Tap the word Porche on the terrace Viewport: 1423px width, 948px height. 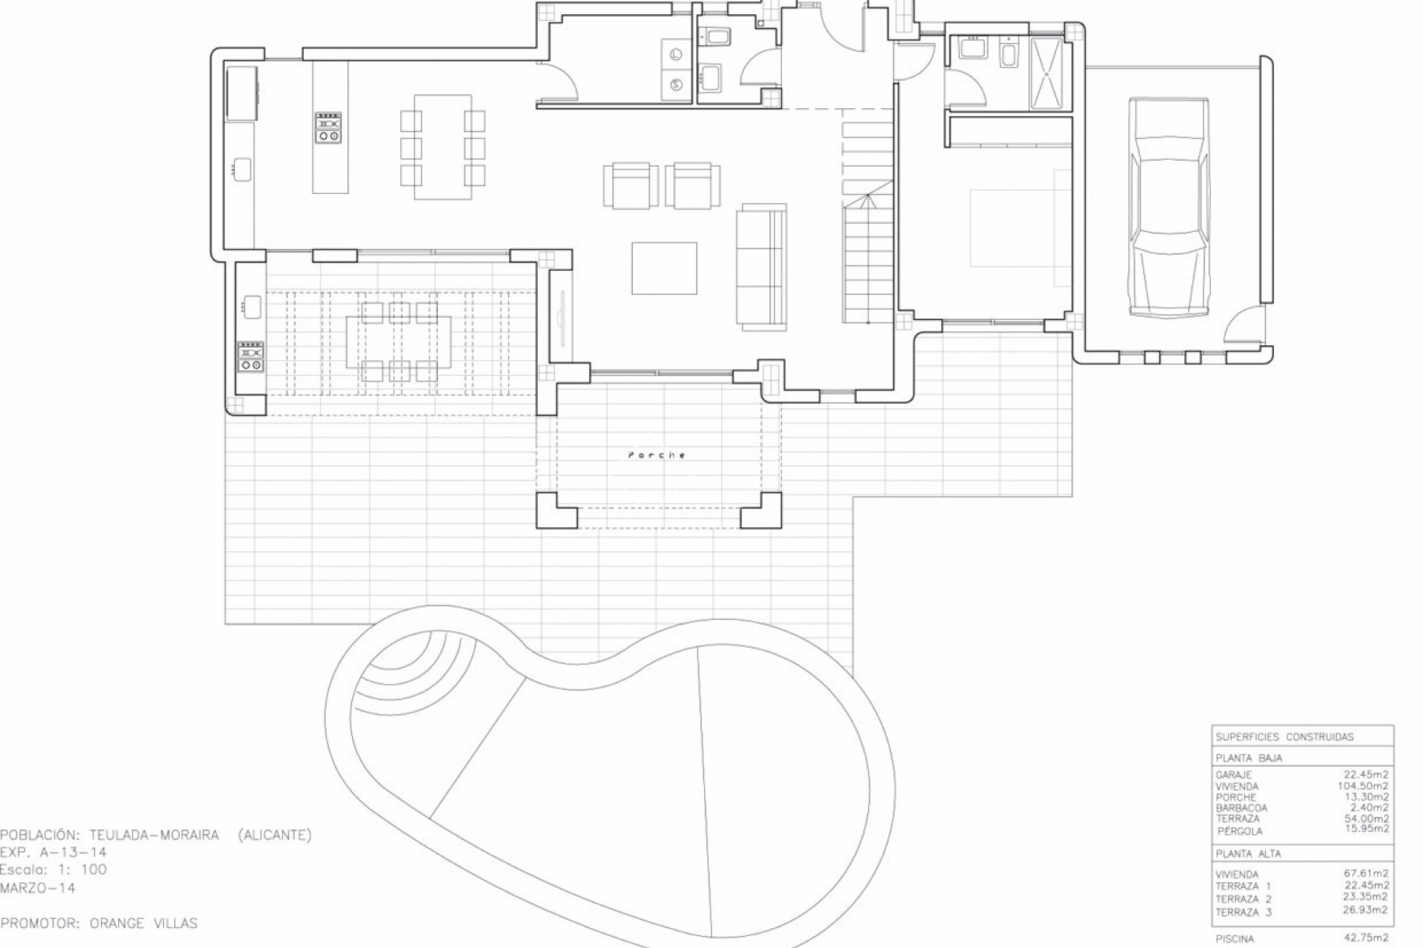coord(657,455)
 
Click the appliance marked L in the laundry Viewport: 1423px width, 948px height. coord(676,54)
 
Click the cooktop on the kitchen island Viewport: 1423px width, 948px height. coord(328,127)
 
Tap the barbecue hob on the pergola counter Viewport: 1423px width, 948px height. coord(251,355)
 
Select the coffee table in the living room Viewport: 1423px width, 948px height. coord(664,268)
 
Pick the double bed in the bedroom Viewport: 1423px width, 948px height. coord(1021,227)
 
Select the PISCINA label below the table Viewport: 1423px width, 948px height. coord(1235,939)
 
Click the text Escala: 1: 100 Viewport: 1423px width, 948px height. coord(53,870)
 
